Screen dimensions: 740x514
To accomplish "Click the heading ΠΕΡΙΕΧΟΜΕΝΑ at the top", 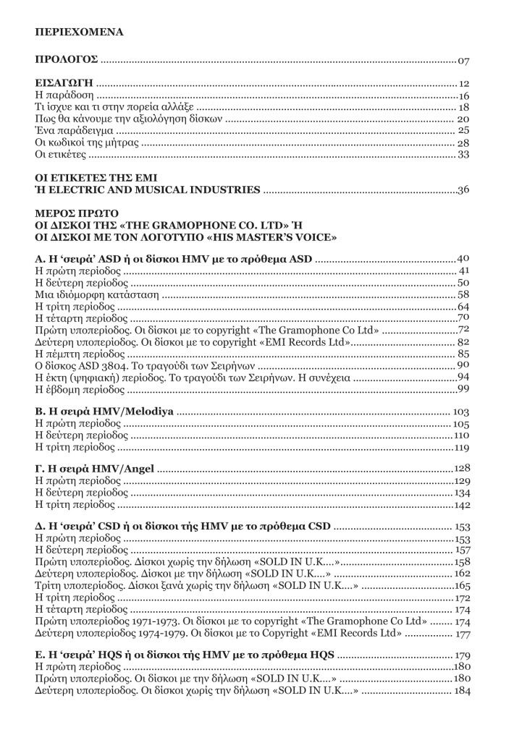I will [79, 33].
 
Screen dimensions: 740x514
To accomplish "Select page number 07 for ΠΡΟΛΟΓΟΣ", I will [465, 59].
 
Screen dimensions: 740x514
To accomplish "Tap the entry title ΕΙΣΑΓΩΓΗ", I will [65, 84].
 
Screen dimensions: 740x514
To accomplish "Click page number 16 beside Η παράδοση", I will [465, 96].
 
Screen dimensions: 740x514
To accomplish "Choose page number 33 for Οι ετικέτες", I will [465, 155].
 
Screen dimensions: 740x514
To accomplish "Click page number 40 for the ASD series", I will [465, 258].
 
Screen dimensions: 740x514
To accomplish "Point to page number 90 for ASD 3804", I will [465, 365].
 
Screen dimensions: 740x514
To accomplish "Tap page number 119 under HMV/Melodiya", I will [463, 448].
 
